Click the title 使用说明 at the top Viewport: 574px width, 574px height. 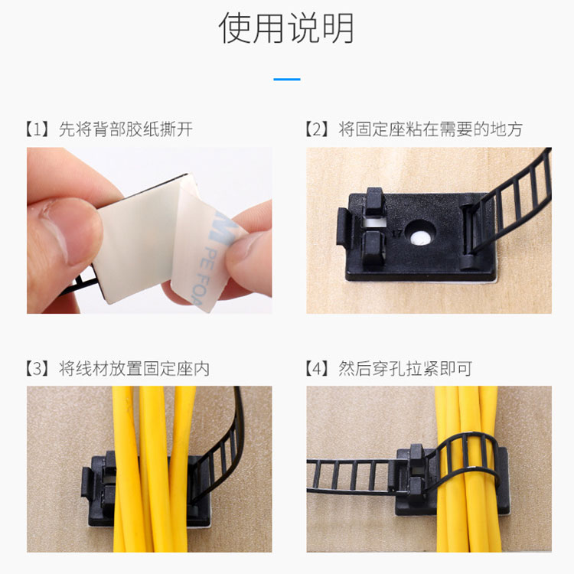point(286,28)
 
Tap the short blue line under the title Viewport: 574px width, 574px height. point(287,79)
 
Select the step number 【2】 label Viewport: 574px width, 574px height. point(316,129)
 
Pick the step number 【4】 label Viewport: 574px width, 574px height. point(316,369)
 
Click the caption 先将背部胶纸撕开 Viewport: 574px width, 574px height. point(126,129)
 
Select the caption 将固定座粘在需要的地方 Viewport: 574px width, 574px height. point(430,129)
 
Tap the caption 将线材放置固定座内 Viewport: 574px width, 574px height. point(134,369)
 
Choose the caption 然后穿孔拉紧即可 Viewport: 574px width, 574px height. point(405,369)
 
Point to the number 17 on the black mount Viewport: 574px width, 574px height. point(396,233)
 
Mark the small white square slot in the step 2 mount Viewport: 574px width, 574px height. point(373,223)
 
